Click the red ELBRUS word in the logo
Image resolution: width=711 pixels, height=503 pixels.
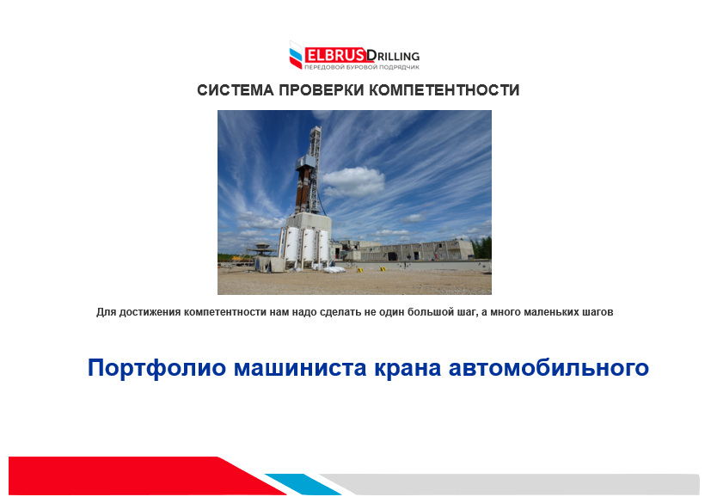click(x=334, y=56)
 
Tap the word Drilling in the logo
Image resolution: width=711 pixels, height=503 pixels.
click(x=393, y=56)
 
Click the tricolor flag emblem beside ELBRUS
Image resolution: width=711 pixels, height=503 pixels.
click(x=296, y=55)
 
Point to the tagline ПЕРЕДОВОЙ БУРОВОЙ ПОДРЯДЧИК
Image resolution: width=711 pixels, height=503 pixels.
click(x=361, y=68)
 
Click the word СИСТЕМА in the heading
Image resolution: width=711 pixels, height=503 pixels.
click(x=236, y=90)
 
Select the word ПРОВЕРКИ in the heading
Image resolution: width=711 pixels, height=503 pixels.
click(x=321, y=90)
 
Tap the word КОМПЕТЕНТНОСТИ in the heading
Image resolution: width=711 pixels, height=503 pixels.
click(x=444, y=90)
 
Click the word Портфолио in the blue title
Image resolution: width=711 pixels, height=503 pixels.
click(x=156, y=368)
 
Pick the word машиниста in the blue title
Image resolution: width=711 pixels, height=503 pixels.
click(x=300, y=368)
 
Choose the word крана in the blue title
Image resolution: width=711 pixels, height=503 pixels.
click(x=408, y=368)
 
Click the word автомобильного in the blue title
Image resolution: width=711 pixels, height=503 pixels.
click(x=549, y=368)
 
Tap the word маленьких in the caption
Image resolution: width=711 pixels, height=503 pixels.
click(x=551, y=312)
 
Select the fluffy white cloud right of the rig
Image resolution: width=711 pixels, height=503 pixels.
click(x=353, y=182)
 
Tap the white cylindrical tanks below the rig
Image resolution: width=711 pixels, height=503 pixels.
click(x=303, y=246)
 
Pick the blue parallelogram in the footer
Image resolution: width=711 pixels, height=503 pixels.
click(x=303, y=484)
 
